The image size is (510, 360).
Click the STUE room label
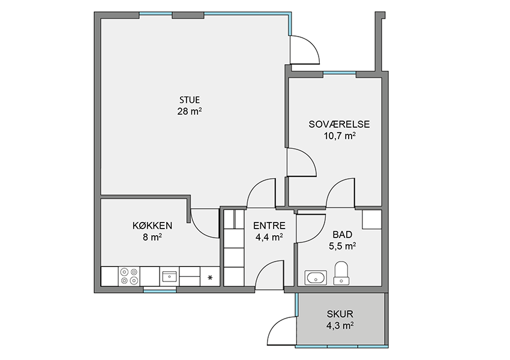click(x=189, y=100)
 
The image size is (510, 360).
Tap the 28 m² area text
click(x=189, y=111)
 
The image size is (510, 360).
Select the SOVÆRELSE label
click(x=339, y=124)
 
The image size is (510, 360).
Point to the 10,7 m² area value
click(x=339, y=136)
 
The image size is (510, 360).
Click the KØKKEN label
click(x=152, y=226)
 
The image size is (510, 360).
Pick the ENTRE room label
click(x=269, y=226)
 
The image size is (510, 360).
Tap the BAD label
click(x=342, y=235)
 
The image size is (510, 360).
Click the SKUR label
click(x=340, y=314)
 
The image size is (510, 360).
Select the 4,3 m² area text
click(x=340, y=325)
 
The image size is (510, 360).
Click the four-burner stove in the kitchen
click(x=129, y=276)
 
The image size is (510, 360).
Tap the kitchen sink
click(x=169, y=277)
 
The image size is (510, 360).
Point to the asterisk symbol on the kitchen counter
click(x=210, y=278)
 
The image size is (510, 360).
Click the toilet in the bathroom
click(x=341, y=273)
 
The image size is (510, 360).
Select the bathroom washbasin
click(x=316, y=278)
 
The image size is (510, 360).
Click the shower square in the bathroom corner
click(x=372, y=220)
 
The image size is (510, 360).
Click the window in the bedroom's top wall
click(x=340, y=73)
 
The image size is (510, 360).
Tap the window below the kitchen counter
click(x=160, y=290)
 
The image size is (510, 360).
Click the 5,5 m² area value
click(x=342, y=246)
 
